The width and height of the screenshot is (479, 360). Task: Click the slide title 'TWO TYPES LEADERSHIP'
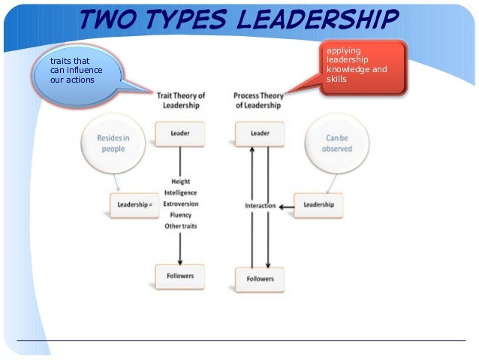238,20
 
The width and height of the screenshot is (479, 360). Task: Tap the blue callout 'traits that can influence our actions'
75,71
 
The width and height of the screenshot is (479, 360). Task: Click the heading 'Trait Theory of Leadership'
180,100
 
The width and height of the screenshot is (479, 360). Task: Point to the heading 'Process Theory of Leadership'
257,100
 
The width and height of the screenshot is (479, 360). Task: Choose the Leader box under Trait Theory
180,134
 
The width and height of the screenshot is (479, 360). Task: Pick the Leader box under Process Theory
259,134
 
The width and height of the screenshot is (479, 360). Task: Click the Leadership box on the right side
318,204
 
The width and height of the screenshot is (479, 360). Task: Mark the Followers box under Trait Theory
180,276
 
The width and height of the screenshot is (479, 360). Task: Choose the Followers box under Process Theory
260,280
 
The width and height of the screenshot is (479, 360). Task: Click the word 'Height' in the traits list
180,181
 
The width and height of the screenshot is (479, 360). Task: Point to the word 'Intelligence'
180,192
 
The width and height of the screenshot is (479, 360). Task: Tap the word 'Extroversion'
180,204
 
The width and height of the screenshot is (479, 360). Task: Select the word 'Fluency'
180,215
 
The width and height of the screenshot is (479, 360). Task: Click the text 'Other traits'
180,226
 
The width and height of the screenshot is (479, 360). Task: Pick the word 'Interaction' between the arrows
260,206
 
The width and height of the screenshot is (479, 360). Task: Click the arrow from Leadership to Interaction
285,206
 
